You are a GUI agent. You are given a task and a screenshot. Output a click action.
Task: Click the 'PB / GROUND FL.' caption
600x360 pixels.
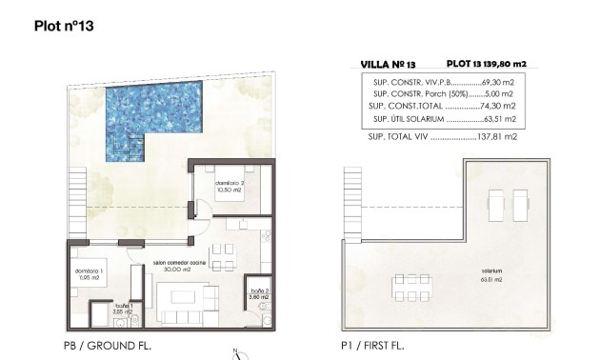click(x=102, y=345)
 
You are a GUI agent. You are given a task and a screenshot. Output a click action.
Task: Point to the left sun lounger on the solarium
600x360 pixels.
click(x=495, y=203)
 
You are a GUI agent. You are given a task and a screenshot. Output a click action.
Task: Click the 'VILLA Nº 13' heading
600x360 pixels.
click(x=389, y=64)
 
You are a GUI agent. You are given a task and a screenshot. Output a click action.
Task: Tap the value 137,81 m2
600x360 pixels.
click(x=498, y=137)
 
